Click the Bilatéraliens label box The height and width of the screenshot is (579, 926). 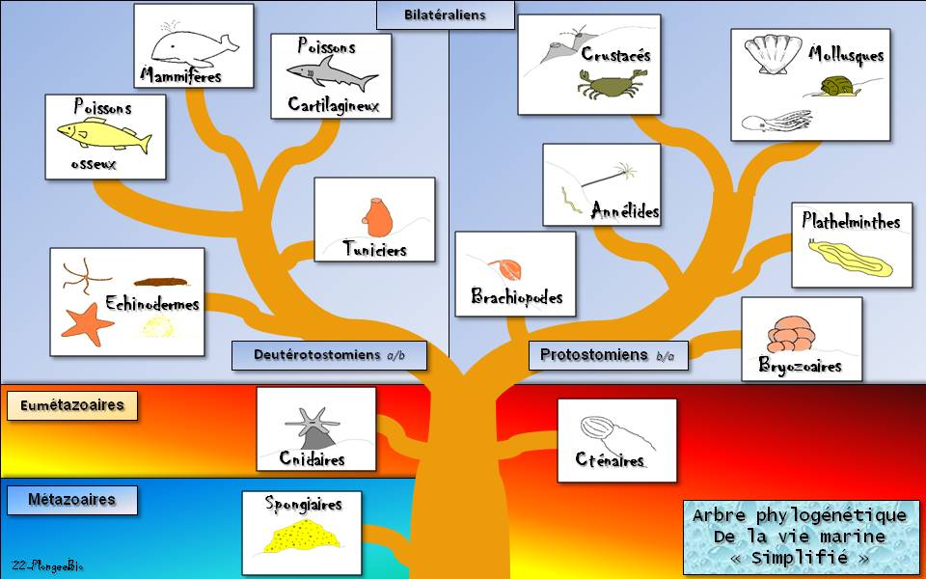pos(445,14)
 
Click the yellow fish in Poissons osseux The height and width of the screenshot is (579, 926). pos(102,135)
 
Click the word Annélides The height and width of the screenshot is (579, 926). pos(625,209)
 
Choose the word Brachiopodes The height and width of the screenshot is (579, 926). pos(516,296)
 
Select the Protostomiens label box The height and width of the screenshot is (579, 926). pos(608,355)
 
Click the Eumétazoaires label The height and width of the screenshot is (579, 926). pos(72,405)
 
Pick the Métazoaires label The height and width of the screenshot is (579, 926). pos(72,500)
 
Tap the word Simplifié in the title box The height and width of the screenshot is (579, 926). pos(801,557)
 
